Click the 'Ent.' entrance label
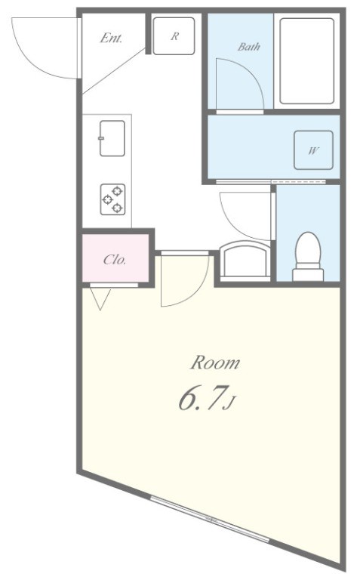(x=111, y=39)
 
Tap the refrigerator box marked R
(x=174, y=35)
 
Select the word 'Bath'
(x=249, y=47)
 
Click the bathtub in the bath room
(x=306, y=60)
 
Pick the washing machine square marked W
(x=312, y=150)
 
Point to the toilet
(x=307, y=255)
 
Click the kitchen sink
(x=112, y=137)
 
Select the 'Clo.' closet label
(x=115, y=260)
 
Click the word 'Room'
(x=214, y=363)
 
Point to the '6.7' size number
(x=198, y=400)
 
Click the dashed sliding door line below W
(x=299, y=183)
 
